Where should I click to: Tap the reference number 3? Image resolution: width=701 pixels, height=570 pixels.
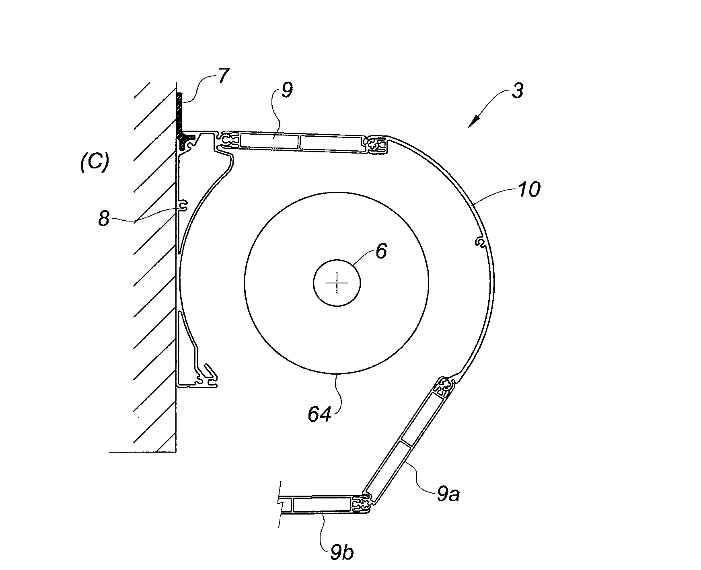tap(518, 91)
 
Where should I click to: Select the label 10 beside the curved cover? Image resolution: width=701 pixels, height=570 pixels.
tap(528, 189)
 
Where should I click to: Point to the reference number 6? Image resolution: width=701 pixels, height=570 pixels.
tap(380, 251)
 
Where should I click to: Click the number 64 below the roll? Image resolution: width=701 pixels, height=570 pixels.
tap(320, 414)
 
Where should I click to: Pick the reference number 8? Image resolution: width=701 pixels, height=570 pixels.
tap(104, 219)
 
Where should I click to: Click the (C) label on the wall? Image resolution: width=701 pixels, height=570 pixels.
tap(95, 163)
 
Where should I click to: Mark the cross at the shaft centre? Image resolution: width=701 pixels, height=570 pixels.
tap(337, 283)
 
